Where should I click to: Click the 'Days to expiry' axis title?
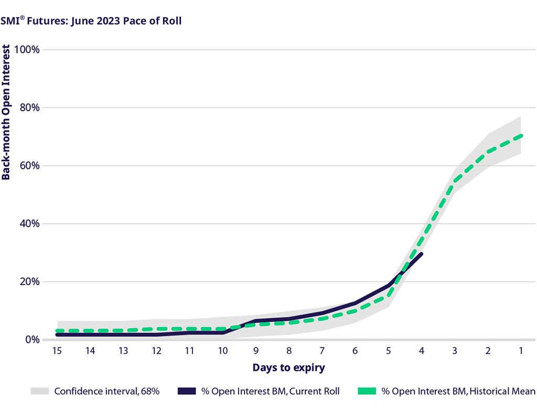[x=288, y=368]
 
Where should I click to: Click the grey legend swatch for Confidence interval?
[x=39, y=391]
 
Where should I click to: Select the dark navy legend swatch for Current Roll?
[x=187, y=391]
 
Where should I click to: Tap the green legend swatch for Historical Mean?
[x=367, y=391]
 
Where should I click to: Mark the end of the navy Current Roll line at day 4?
[x=422, y=254]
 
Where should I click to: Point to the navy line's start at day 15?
[x=57, y=334]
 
